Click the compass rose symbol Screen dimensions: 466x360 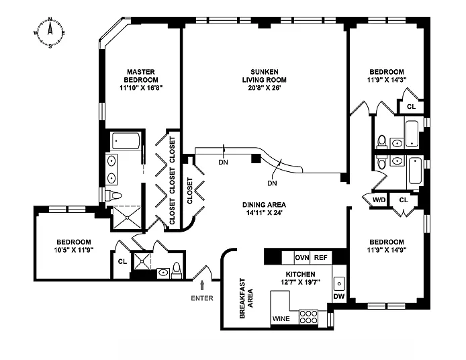click(x=50, y=32)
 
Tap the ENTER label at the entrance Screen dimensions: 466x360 click(x=202, y=298)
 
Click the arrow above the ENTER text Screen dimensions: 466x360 click(x=202, y=285)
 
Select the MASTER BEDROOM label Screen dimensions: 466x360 click(x=141, y=76)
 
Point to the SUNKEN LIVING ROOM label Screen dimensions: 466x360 click(x=264, y=76)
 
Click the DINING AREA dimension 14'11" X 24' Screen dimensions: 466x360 click(x=264, y=213)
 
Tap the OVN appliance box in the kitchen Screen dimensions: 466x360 click(x=302, y=257)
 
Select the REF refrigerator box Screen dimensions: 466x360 click(x=321, y=257)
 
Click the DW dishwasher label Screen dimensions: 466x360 click(x=339, y=296)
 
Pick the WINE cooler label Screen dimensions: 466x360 click(x=281, y=318)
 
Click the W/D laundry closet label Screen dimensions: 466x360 click(x=379, y=199)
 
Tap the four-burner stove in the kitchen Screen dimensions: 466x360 click(x=308, y=317)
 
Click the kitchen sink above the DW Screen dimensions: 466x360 click(x=339, y=283)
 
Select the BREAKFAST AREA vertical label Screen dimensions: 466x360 click(x=246, y=298)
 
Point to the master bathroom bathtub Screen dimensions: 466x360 click(x=126, y=141)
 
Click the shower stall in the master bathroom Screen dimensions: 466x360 click(x=127, y=218)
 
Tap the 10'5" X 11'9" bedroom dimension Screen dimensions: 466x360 click(x=74, y=250)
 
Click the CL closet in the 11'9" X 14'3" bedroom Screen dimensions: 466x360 click(x=412, y=106)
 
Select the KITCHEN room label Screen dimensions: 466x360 click(x=300, y=274)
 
